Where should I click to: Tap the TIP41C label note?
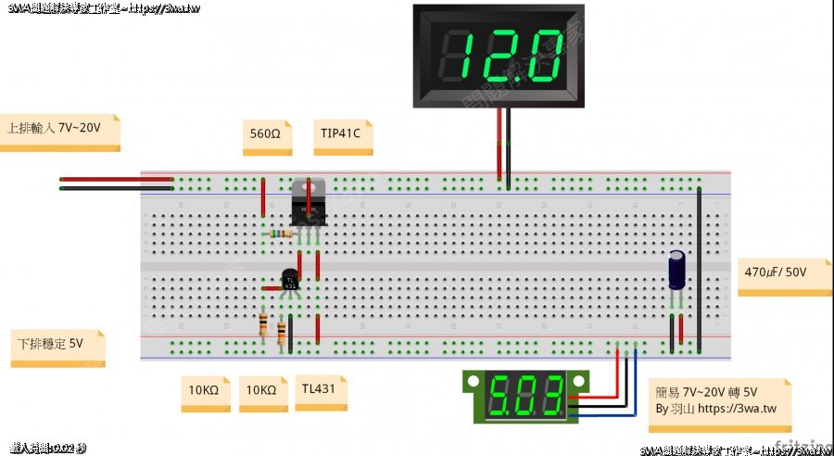click(x=340, y=133)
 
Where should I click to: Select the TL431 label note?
click(x=319, y=389)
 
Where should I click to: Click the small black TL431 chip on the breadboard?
click(x=290, y=280)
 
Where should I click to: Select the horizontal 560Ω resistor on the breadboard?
click(x=281, y=234)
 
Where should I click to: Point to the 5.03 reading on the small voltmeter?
click(x=526, y=397)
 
